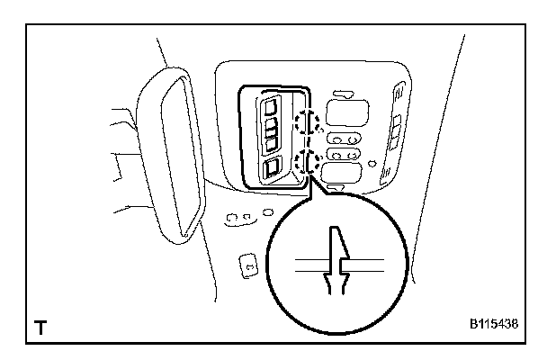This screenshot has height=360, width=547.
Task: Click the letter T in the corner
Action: click(41, 328)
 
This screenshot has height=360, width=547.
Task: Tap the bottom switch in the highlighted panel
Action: click(271, 168)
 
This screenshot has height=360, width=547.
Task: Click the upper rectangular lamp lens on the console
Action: click(346, 112)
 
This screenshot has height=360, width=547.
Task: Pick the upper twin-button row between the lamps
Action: click(345, 139)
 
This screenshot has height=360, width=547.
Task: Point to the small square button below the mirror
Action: click(247, 264)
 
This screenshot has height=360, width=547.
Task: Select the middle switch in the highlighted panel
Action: click(271, 139)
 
